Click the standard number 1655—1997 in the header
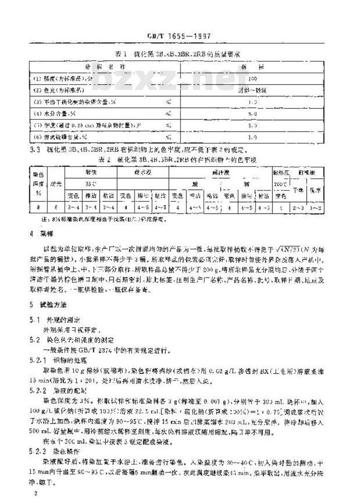pyautogui.click(x=191, y=36)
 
